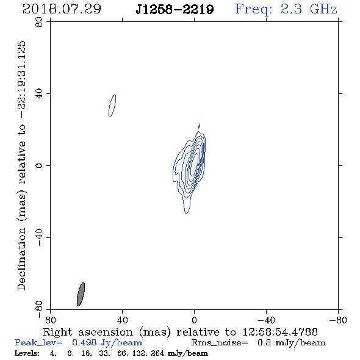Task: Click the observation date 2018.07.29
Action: click(x=62, y=9)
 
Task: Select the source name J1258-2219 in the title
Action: click(x=175, y=9)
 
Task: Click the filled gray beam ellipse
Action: click(x=81, y=294)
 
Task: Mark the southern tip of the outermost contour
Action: click(x=187, y=214)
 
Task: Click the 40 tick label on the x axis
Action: click(x=122, y=320)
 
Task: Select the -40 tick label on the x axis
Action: click(x=266, y=320)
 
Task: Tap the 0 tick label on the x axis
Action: click(x=195, y=320)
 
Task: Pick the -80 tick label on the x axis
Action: click(x=338, y=320)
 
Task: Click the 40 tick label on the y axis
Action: click(x=39, y=94)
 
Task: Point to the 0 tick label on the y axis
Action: click(x=39, y=165)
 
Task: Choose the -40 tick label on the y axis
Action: click(x=39, y=237)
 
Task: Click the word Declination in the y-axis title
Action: click(x=21, y=259)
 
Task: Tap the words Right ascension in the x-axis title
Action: click(x=88, y=332)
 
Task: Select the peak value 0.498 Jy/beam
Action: click(x=107, y=343)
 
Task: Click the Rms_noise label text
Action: click(x=220, y=343)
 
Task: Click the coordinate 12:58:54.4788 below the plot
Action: click(x=280, y=332)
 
